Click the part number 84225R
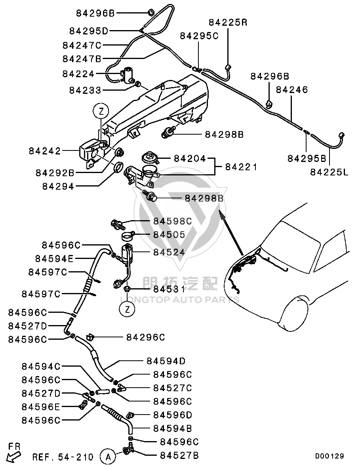tap(228, 23)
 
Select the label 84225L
tap(329, 172)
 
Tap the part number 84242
tap(45, 151)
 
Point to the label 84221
tap(241, 167)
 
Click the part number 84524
tap(170, 252)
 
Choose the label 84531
tap(170, 289)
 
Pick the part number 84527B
tap(179, 456)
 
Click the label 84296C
tap(146, 337)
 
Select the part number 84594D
tap(166, 361)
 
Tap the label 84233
tap(86, 90)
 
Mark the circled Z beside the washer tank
tap(101, 112)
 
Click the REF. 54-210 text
tap(63, 457)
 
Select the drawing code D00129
tap(330, 456)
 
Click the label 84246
tap(292, 89)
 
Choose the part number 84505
tap(170, 234)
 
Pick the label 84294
tap(58, 187)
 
